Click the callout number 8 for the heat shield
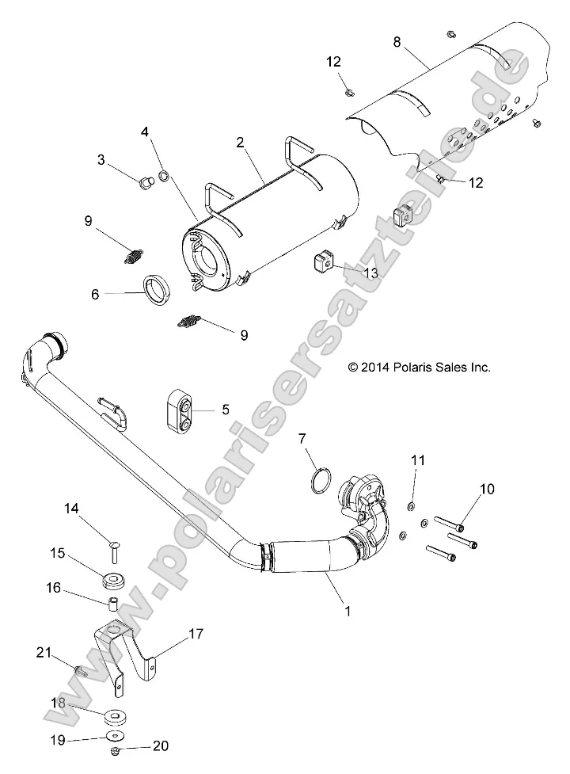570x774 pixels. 397,43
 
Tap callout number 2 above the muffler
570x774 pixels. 239,143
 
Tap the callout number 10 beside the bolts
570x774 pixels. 486,490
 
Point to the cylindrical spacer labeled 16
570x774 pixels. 114,610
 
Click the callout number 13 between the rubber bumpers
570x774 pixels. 370,272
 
